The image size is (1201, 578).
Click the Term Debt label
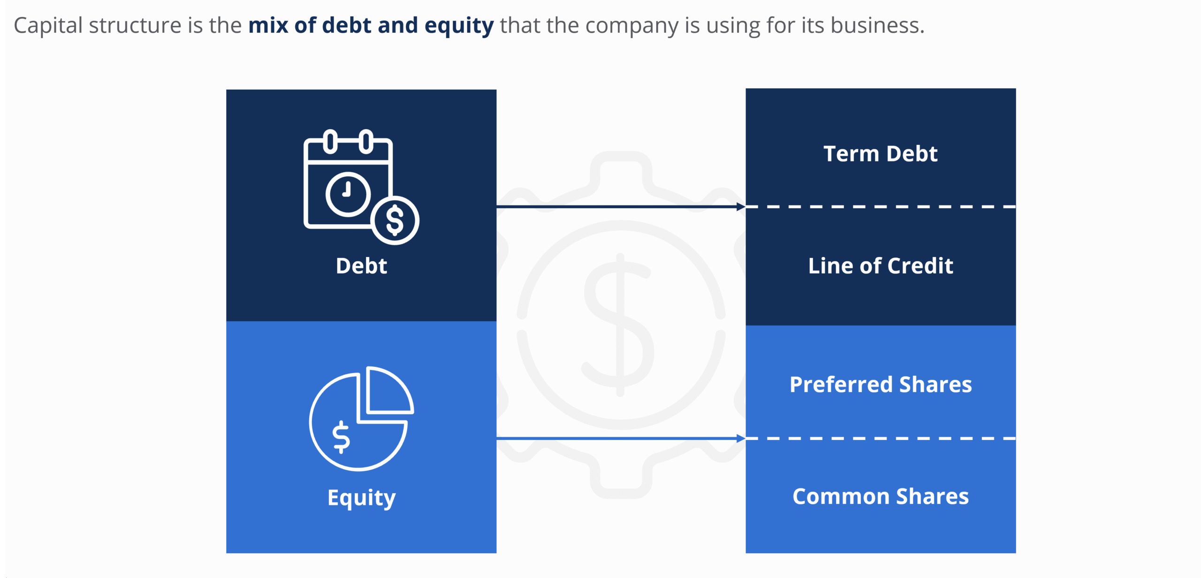click(x=880, y=154)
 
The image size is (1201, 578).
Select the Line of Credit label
click(x=880, y=266)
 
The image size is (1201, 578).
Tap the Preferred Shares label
click(x=880, y=385)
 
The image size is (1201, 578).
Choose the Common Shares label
click(x=880, y=496)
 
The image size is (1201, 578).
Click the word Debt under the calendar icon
click(x=361, y=266)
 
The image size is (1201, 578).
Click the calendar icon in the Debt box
click(x=348, y=183)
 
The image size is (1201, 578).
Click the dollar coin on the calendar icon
click(x=395, y=220)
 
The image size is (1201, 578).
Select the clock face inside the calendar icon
click(x=348, y=194)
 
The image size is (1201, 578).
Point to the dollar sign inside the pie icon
click(x=341, y=437)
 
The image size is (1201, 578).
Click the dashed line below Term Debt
click(x=880, y=206)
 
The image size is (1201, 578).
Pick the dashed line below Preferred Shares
click(x=880, y=439)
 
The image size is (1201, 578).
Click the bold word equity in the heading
click(x=459, y=26)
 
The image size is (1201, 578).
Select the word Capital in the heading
click(x=48, y=26)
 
